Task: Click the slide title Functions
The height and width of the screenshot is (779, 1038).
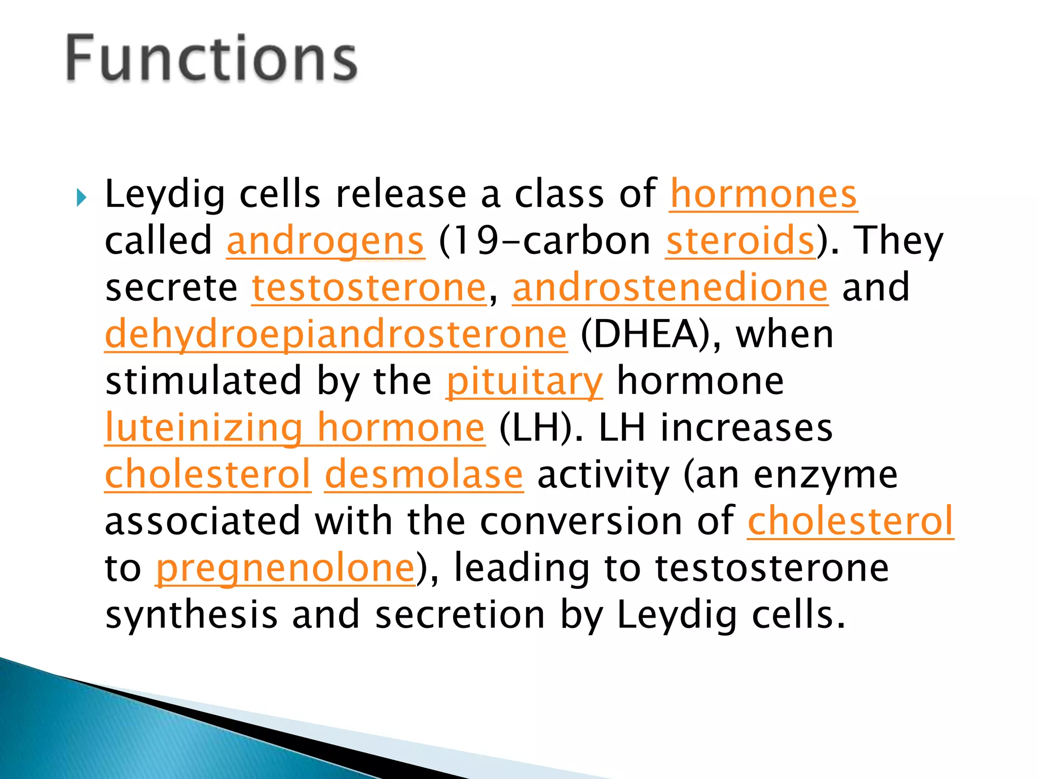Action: [212, 58]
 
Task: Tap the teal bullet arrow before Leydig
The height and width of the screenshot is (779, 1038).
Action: [82, 197]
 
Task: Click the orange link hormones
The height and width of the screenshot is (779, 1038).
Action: [763, 195]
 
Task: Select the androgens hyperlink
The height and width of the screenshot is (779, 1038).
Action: [325, 241]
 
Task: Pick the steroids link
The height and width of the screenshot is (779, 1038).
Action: [740, 241]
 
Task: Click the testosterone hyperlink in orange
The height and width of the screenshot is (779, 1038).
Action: [369, 288]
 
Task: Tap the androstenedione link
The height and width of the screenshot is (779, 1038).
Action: [670, 288]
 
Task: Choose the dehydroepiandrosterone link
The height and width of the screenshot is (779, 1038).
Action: [336, 335]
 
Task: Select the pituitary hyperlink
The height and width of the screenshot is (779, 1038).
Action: [524, 381]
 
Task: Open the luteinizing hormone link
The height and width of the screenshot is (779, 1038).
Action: [294, 428]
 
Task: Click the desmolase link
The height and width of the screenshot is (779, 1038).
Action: [424, 475]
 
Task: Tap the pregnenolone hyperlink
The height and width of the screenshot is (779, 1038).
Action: [285, 569]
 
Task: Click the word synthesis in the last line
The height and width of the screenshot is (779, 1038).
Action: [191, 615]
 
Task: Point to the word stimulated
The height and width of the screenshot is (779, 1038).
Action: [203, 381]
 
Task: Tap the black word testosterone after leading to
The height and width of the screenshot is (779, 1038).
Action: [771, 569]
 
